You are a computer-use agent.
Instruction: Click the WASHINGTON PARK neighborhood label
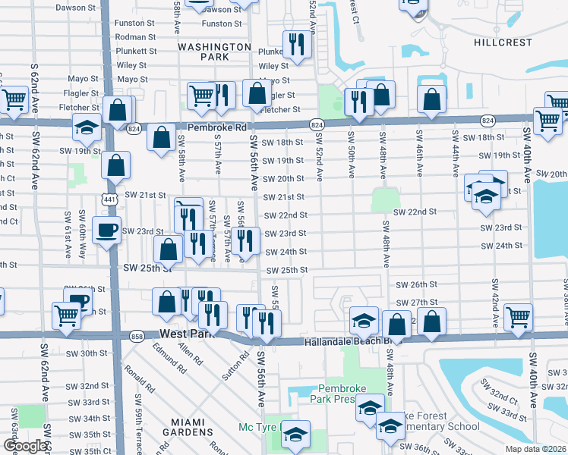214,52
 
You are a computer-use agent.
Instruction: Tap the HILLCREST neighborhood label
502,43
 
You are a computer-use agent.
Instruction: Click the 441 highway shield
112,197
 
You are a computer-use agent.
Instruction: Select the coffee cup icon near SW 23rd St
106,229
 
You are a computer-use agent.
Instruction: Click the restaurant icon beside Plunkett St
294,44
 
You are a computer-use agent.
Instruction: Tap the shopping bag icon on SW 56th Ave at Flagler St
257,93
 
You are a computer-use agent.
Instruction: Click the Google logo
26,445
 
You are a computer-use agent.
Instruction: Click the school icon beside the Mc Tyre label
295,433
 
